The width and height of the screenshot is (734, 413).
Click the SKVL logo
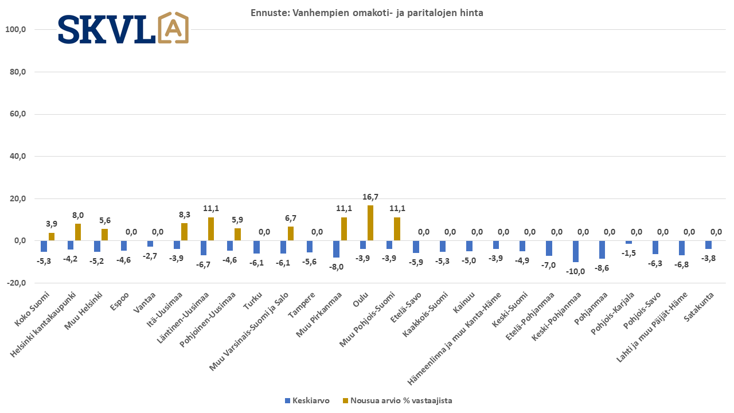tap(123, 28)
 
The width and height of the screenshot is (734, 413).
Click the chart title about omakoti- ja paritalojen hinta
tap(366, 13)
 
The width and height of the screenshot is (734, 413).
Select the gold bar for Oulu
tap(370, 223)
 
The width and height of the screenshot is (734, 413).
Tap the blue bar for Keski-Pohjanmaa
tap(576, 251)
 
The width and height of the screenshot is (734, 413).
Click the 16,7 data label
tap(370, 197)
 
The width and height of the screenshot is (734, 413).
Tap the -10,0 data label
tap(575, 271)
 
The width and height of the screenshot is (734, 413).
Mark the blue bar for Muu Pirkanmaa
tap(337, 249)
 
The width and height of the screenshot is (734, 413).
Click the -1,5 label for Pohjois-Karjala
tap(628, 253)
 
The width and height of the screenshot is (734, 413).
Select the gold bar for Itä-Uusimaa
tap(184, 232)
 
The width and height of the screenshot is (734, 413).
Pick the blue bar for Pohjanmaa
tap(602, 250)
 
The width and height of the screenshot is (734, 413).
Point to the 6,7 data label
tap(291, 218)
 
